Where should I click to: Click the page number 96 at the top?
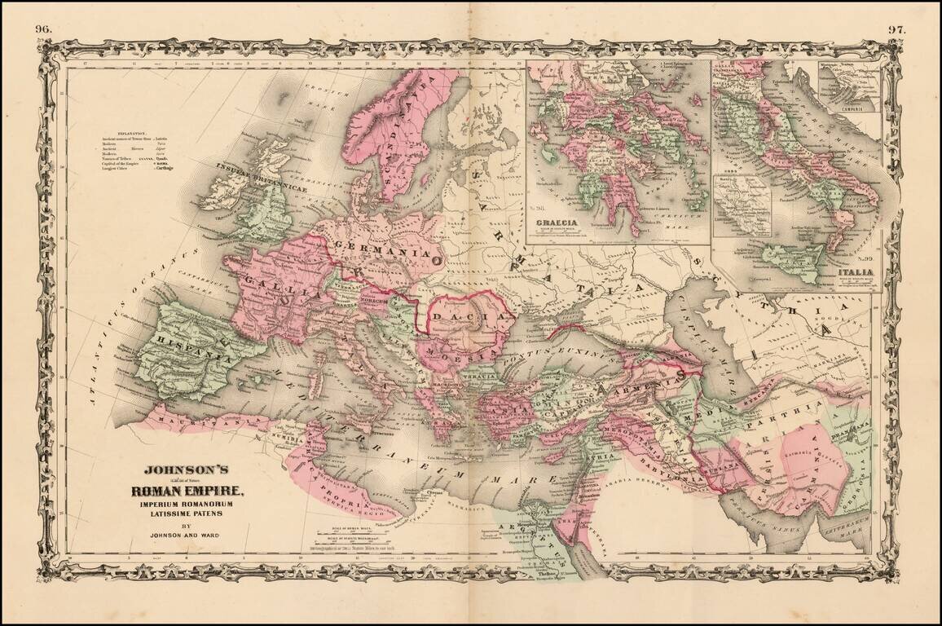click(44, 29)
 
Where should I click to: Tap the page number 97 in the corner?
click(897, 29)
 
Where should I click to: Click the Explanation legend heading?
click(131, 132)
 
